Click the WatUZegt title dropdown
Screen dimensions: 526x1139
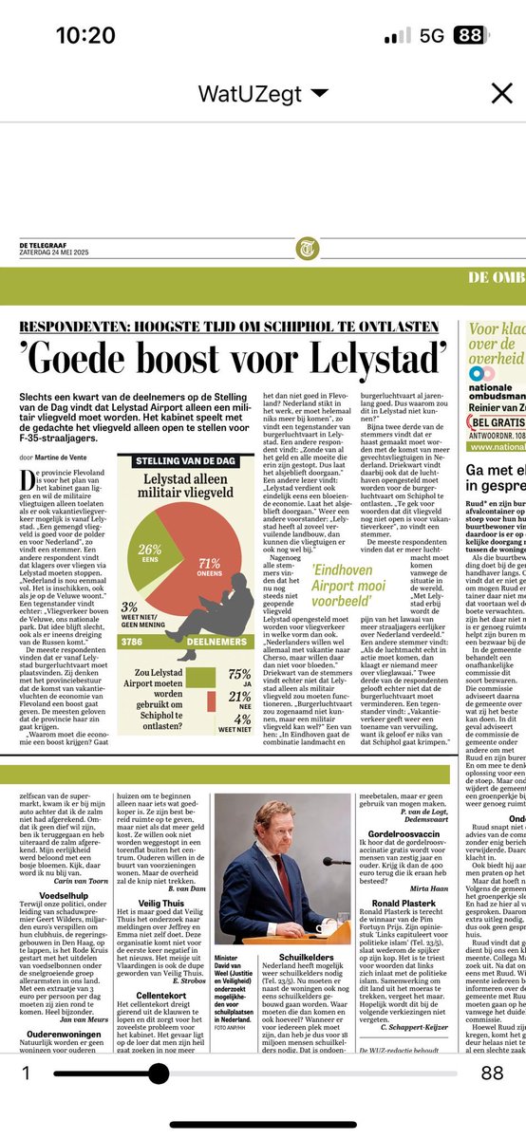point(263,93)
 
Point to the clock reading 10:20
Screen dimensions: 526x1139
point(85,36)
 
